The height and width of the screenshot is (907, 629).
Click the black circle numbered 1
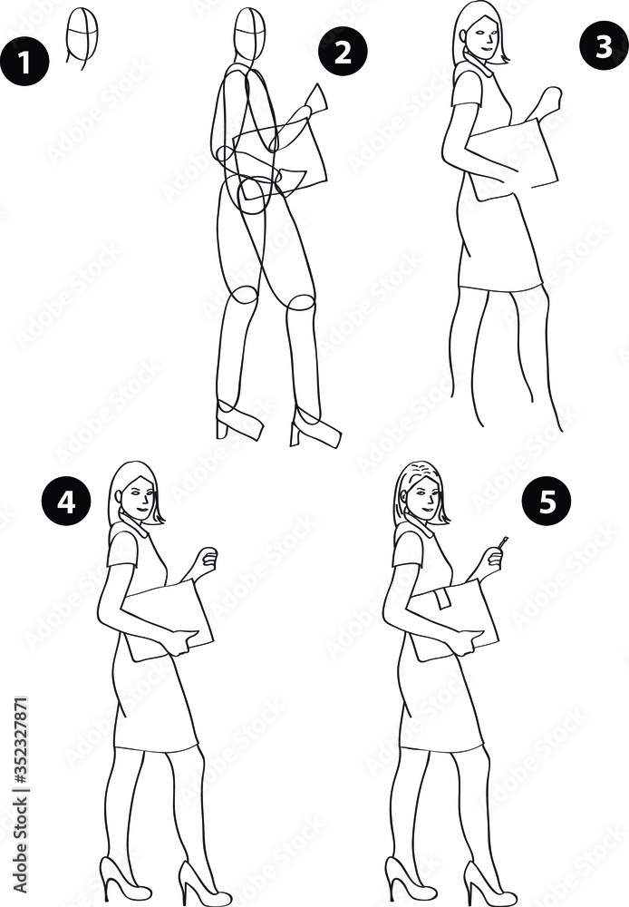24,62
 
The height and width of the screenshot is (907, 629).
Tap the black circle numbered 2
343,52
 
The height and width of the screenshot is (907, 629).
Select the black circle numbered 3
604,46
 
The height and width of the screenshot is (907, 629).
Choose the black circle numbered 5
547,502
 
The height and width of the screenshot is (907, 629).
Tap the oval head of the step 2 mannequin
249,35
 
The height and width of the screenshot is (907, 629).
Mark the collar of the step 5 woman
420,529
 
